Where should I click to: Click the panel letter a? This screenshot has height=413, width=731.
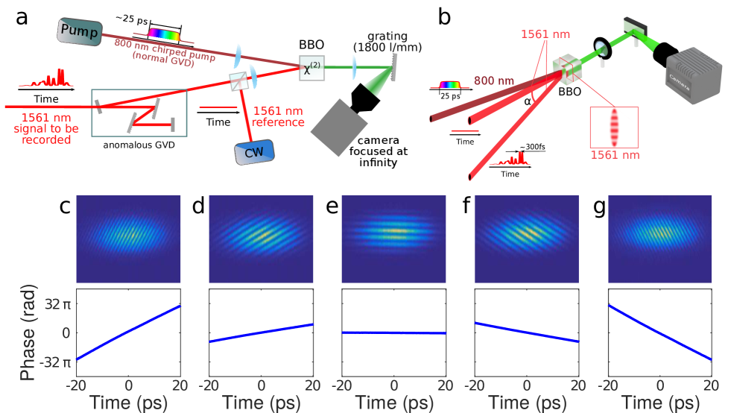point(22,17)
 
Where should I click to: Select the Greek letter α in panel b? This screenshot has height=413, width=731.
point(526,101)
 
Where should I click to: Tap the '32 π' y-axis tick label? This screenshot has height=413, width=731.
point(60,305)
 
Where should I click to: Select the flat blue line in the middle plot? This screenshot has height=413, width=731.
point(393,332)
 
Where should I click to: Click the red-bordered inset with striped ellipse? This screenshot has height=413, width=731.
point(614,131)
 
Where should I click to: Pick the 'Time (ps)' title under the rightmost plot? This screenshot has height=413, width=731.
point(660,402)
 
